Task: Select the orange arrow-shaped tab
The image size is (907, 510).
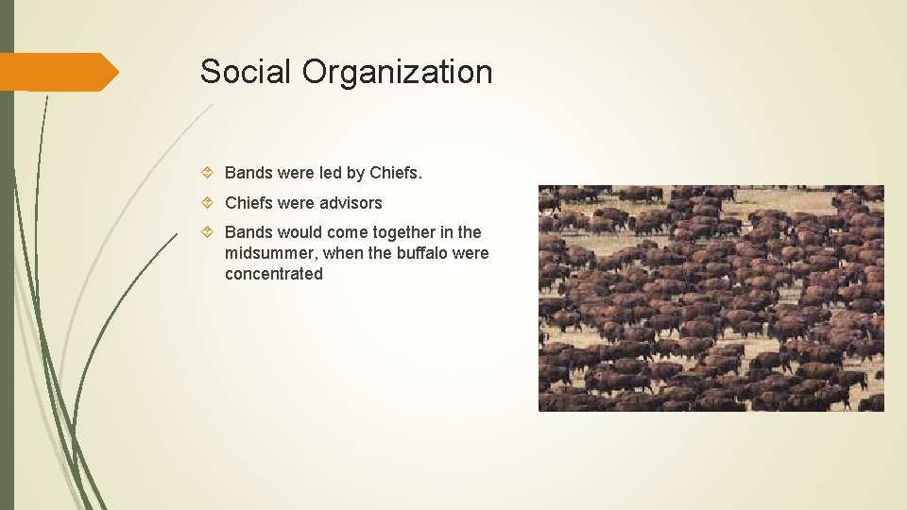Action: click(57, 72)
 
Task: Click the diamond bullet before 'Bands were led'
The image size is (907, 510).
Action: click(210, 174)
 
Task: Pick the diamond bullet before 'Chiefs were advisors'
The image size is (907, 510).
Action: click(210, 203)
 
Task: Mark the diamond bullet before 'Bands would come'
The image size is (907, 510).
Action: click(210, 232)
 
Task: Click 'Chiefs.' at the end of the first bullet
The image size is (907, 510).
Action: click(397, 174)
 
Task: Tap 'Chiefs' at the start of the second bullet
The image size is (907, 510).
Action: click(248, 203)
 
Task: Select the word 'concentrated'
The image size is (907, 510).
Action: click(274, 274)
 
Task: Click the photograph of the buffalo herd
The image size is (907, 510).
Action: click(710, 297)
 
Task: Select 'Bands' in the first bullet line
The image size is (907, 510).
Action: click(248, 174)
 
